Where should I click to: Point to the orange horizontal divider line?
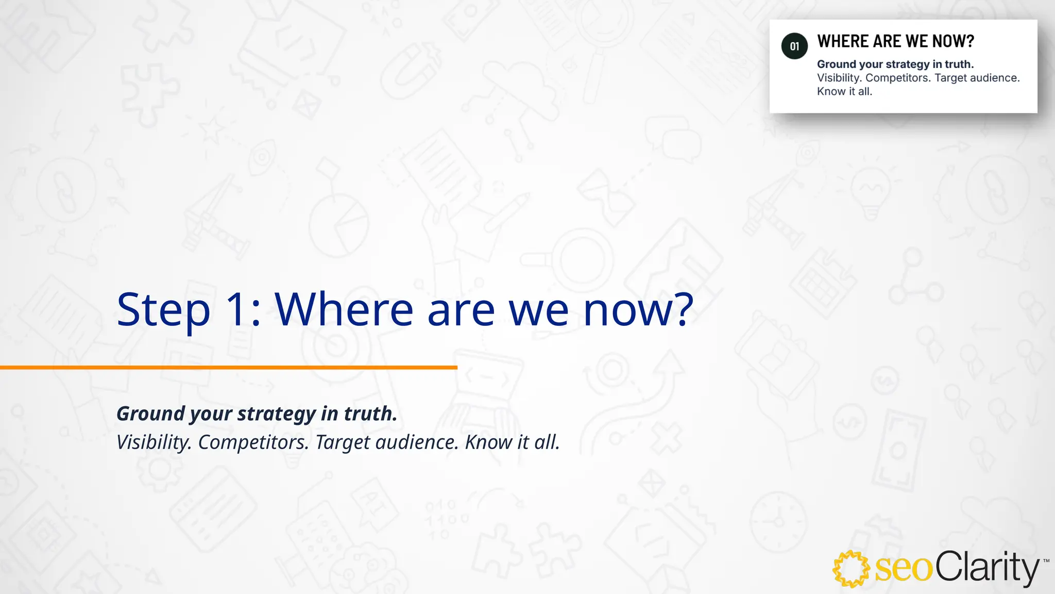[x=228, y=367]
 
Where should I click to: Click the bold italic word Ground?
[x=150, y=414]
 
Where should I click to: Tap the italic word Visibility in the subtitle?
[x=154, y=442]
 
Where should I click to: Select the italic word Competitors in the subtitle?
[x=253, y=442]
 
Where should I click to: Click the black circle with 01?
[x=794, y=46]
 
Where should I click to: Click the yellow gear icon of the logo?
[x=851, y=569]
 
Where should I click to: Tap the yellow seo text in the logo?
[x=904, y=569]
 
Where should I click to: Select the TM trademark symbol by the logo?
[x=1046, y=561]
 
